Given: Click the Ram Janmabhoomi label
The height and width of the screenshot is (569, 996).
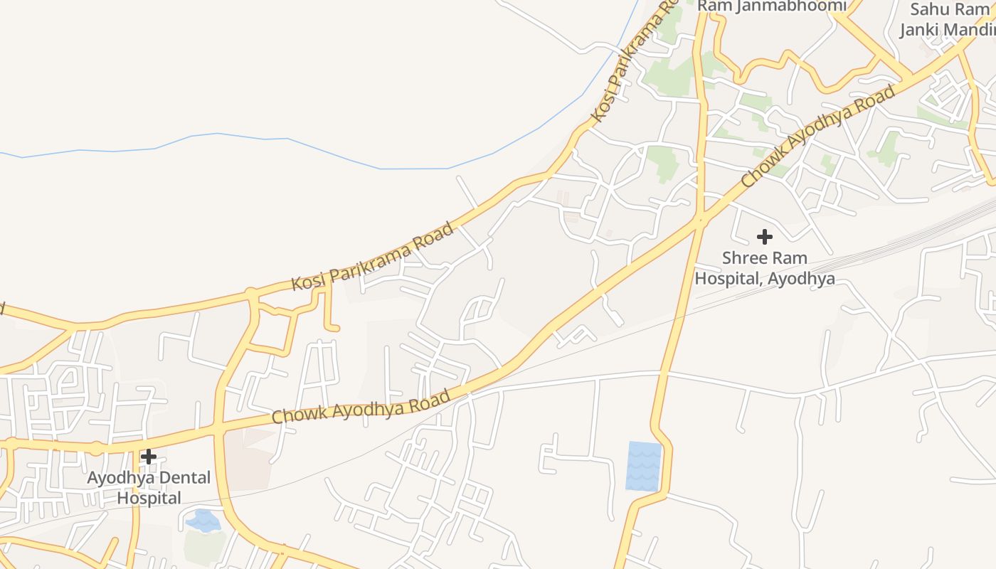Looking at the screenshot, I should tap(772, 6).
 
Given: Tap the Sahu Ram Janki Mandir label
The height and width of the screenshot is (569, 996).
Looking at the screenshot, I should tap(946, 20).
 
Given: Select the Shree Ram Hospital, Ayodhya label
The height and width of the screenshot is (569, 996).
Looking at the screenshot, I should tap(765, 267).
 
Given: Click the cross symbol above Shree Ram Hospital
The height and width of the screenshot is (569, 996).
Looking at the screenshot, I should tap(765, 236).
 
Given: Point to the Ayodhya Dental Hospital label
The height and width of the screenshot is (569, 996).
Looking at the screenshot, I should tap(149, 487).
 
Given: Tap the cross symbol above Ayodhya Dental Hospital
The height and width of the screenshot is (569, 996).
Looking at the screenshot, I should tap(149, 457).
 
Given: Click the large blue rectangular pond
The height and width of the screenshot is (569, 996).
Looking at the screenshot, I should tap(644, 466).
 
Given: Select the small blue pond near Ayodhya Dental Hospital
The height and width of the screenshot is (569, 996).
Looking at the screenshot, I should tap(203, 521).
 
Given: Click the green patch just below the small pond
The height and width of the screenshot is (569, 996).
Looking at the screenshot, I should tap(204, 546).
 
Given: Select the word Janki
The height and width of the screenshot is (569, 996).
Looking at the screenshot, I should tap(921, 30).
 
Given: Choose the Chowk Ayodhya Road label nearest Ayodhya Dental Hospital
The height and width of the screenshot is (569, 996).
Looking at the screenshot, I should tap(361, 407).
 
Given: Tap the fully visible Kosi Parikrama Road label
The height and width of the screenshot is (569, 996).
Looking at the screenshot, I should tap(373, 257).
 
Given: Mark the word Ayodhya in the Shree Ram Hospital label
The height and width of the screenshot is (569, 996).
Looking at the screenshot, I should tap(800, 278).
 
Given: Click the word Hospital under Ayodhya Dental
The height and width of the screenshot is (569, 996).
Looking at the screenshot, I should tap(149, 498).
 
